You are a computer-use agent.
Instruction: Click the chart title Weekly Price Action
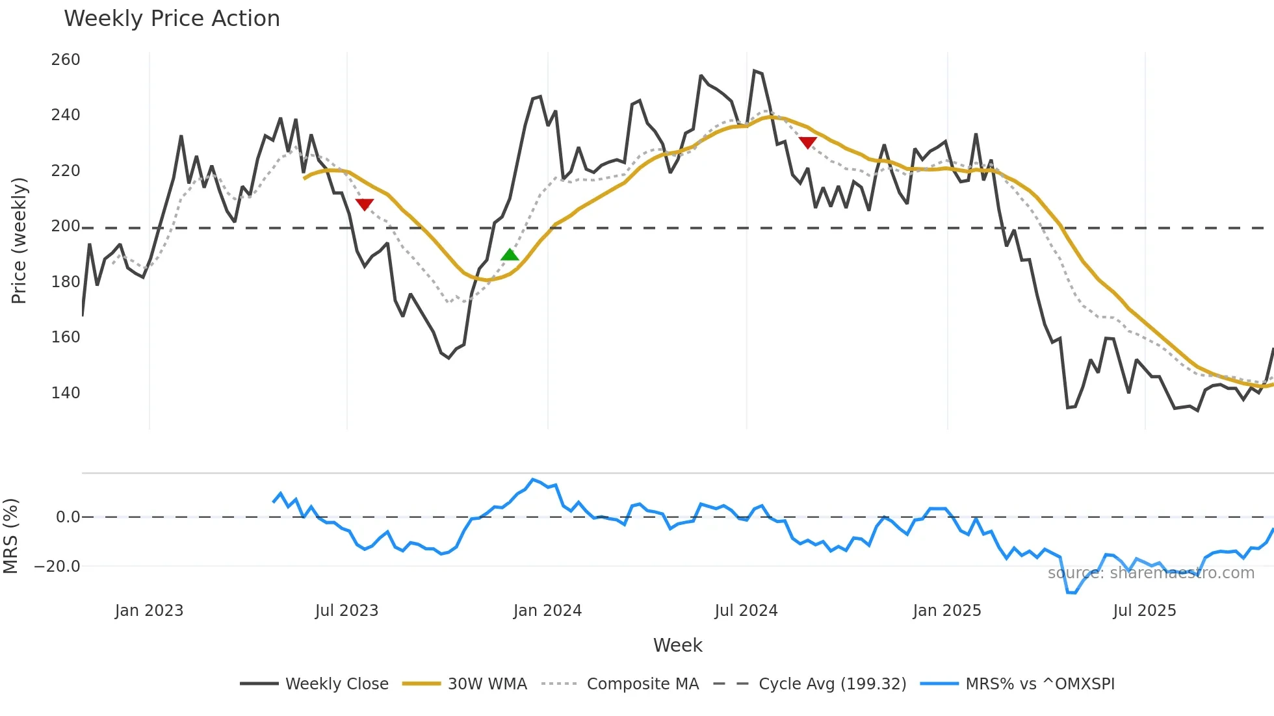[172, 19]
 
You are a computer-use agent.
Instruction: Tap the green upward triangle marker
[510, 255]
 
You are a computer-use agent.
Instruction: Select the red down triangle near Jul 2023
[365, 205]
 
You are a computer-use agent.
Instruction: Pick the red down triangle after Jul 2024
[807, 143]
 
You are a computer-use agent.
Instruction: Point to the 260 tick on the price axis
[66, 60]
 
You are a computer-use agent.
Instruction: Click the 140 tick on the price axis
[66, 393]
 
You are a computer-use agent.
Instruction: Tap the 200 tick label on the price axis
[66, 226]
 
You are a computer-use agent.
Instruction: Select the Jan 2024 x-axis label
[547, 611]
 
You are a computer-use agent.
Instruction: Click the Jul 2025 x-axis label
[1145, 611]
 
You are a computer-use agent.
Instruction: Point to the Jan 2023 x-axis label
[149, 611]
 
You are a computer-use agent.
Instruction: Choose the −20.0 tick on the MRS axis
[57, 567]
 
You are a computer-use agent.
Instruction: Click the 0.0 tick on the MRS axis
[68, 517]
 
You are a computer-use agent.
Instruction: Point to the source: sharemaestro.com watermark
[1150, 573]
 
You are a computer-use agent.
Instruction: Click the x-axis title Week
[677, 645]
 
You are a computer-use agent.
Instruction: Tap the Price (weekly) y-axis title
[19, 240]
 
